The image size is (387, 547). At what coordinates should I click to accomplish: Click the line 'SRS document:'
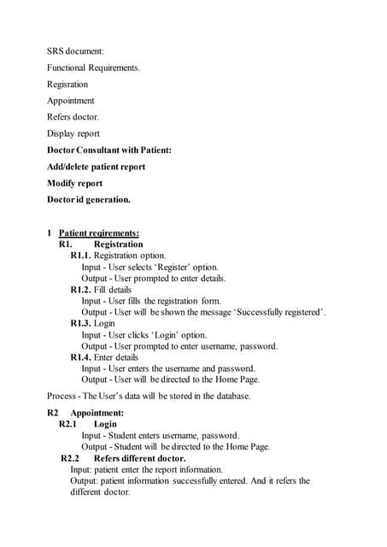76,51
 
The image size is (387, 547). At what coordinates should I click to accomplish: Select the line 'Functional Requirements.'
94,68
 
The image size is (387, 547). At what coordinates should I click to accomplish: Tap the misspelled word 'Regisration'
67,85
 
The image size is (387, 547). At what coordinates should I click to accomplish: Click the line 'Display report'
73,133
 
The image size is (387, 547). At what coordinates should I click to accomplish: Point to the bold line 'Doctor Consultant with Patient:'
109,150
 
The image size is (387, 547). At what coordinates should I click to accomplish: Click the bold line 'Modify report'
75,183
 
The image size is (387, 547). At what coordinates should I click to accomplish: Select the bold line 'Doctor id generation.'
89,200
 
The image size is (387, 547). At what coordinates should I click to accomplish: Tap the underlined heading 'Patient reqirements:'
99,233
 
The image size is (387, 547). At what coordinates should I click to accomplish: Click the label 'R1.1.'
80,256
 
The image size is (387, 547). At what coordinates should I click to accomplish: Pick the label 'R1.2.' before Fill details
80,290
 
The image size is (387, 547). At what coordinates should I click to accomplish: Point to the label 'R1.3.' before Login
80,324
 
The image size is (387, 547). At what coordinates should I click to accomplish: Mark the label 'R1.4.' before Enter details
80,357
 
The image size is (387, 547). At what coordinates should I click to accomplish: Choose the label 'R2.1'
68,424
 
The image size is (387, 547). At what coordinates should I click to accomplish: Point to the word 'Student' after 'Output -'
131,447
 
